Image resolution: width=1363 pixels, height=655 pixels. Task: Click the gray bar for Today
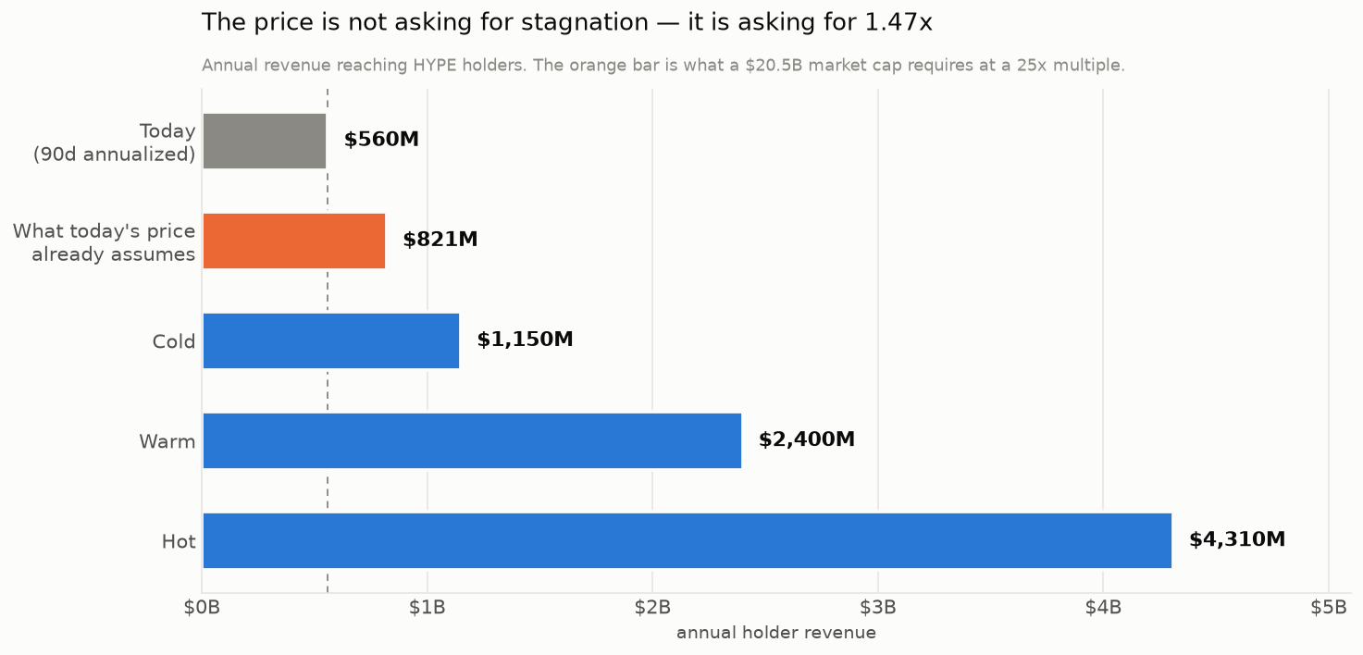[x=264, y=142]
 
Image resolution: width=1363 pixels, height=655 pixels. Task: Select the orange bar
[x=294, y=241]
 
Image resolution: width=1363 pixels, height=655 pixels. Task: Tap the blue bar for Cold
[x=331, y=340]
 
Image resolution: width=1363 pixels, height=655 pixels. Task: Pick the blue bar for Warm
[x=472, y=441]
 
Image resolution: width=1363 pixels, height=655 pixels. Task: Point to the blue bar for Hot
[x=687, y=540]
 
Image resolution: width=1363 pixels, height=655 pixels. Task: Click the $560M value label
[x=381, y=140]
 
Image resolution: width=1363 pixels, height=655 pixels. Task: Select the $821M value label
[x=440, y=240]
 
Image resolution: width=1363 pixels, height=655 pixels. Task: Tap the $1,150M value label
[x=525, y=340]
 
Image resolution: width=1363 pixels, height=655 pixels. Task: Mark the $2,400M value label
[x=807, y=439]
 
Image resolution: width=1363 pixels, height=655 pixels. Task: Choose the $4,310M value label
[x=1237, y=539]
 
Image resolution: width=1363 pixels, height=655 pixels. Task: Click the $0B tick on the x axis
[x=202, y=608]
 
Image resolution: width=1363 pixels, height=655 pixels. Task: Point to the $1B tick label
[x=427, y=608]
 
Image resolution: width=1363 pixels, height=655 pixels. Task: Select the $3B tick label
[x=878, y=608]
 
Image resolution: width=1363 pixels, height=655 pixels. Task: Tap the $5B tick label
[x=1329, y=608]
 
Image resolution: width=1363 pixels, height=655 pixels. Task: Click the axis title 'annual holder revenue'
[x=776, y=633]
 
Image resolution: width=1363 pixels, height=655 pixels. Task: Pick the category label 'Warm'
[x=167, y=441]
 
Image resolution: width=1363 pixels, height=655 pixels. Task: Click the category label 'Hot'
[x=179, y=541]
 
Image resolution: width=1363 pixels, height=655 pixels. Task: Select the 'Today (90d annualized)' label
[x=115, y=142]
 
